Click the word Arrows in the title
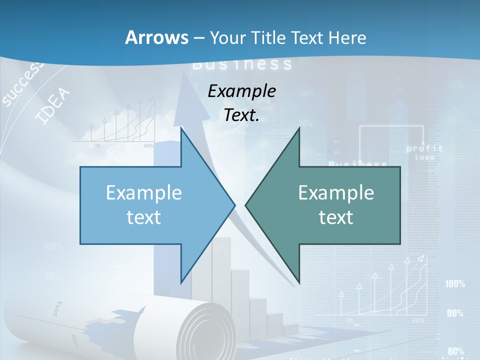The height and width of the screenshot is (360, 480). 156,37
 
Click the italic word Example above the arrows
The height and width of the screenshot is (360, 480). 242,91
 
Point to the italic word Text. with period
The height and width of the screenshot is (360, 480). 242,115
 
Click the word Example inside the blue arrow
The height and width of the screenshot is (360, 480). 144,192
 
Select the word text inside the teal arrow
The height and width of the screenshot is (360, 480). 336,217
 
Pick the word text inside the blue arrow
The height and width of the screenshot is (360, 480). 144,217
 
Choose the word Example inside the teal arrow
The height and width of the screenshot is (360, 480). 336,192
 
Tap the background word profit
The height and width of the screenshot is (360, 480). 424,148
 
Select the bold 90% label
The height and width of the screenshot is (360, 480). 455,313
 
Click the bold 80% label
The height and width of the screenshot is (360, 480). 455,351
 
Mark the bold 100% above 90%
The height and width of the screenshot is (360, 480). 455,284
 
